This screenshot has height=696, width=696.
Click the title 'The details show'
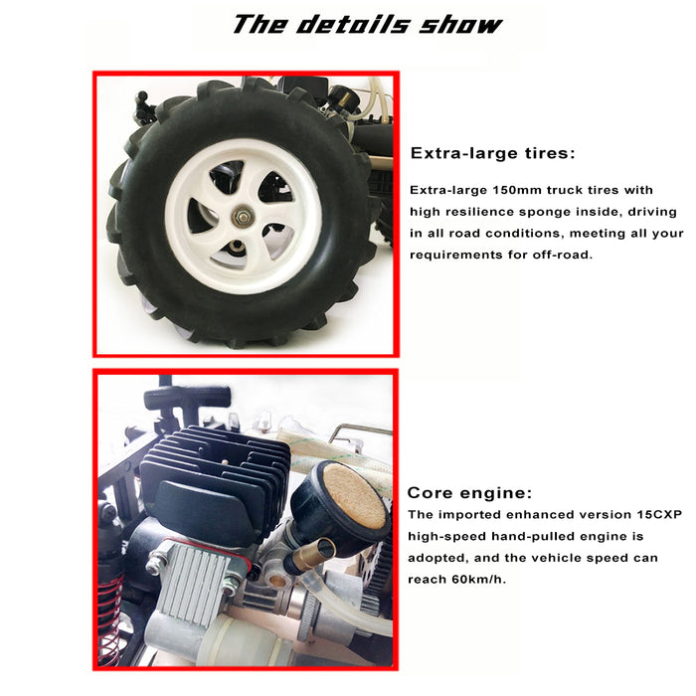(x=368, y=24)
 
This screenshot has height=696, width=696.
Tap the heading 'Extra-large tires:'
(x=493, y=153)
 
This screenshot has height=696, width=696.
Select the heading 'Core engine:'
(x=469, y=493)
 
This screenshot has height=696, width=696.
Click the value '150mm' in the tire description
(x=517, y=190)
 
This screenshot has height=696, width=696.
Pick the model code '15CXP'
(x=659, y=514)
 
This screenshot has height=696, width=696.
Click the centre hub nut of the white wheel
(x=242, y=217)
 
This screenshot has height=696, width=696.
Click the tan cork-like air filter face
(x=355, y=495)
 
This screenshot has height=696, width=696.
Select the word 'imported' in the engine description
(x=470, y=515)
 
